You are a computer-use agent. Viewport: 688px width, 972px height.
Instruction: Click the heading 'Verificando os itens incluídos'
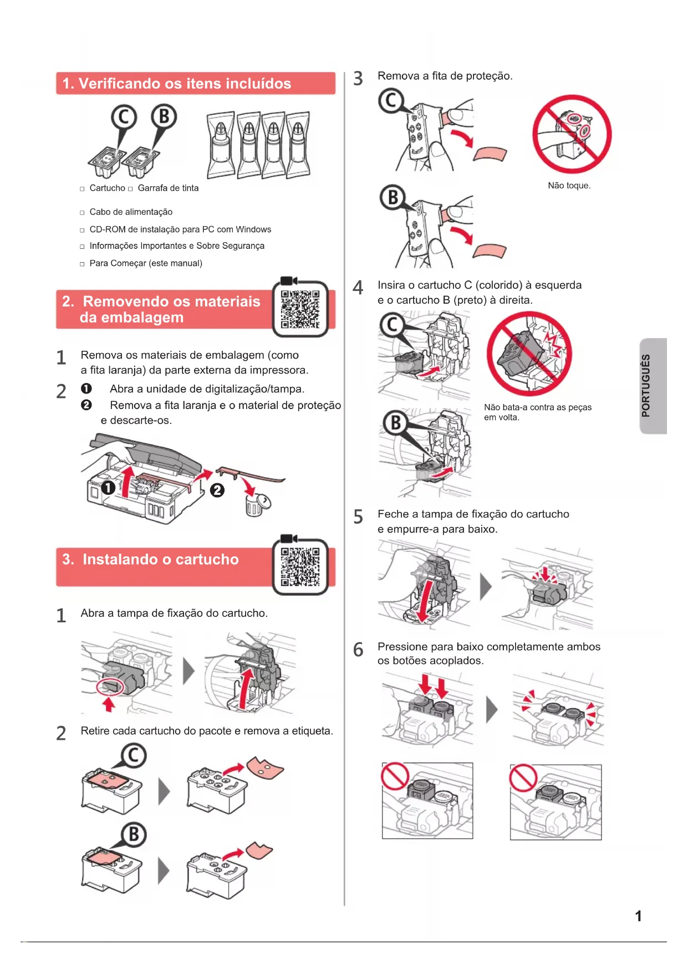coord(185,84)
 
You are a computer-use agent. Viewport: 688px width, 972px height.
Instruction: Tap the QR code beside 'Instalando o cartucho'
coord(300,567)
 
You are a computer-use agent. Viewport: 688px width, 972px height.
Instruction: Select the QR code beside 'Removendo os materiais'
coord(300,309)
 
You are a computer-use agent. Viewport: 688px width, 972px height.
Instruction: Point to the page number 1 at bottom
coord(638,916)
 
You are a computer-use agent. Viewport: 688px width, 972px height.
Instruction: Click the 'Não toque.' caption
coord(569,186)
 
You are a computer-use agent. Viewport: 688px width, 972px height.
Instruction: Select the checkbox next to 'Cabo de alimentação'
coord(82,212)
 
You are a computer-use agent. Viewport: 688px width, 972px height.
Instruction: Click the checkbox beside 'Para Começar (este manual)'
coord(82,264)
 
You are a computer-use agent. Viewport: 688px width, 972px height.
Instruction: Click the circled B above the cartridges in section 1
coord(164,117)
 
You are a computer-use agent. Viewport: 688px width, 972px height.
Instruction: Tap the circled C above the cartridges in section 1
coord(124,117)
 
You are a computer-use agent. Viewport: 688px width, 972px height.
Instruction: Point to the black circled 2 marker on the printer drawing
coord(217,490)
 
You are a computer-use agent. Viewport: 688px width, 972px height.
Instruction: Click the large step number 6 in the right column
coord(358,649)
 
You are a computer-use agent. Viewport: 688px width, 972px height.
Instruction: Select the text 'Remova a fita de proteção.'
coord(445,76)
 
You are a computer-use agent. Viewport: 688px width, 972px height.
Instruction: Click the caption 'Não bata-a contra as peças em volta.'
coord(538,412)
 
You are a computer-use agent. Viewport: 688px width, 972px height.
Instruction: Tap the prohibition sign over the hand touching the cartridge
coord(572,134)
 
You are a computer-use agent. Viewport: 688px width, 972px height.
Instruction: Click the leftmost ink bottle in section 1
coord(221,145)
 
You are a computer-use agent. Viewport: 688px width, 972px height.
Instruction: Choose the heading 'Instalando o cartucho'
coord(161,560)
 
